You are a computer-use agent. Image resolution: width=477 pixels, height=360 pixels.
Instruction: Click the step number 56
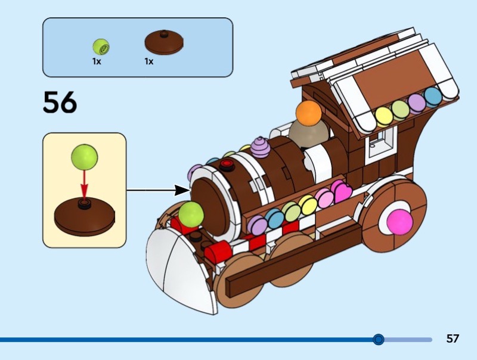click(60, 102)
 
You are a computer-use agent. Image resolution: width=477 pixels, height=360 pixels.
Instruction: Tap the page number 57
click(453, 339)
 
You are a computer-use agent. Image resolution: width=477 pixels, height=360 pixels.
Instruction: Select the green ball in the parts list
click(101, 45)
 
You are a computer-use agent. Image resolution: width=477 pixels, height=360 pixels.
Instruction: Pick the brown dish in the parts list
click(164, 43)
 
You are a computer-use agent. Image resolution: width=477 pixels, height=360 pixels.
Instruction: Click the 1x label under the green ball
click(97, 61)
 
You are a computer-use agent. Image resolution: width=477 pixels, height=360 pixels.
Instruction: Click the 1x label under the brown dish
click(148, 61)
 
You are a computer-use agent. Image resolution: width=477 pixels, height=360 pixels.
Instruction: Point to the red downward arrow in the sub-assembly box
click(84, 185)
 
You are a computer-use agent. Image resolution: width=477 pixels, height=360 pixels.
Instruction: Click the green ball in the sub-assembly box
click(84, 157)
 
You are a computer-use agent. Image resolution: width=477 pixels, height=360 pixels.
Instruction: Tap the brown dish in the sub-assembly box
click(84, 215)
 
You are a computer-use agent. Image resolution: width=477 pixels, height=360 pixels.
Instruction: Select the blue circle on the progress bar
click(378, 339)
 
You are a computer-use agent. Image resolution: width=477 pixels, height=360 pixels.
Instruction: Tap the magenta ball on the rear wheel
click(399, 221)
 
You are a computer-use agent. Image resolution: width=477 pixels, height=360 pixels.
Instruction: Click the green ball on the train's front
click(191, 214)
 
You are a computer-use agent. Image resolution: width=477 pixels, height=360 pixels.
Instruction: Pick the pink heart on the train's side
click(342, 192)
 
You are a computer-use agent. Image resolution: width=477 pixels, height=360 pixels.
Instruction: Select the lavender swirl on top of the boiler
click(261, 146)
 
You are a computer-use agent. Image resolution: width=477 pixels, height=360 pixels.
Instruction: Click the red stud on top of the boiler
click(227, 165)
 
